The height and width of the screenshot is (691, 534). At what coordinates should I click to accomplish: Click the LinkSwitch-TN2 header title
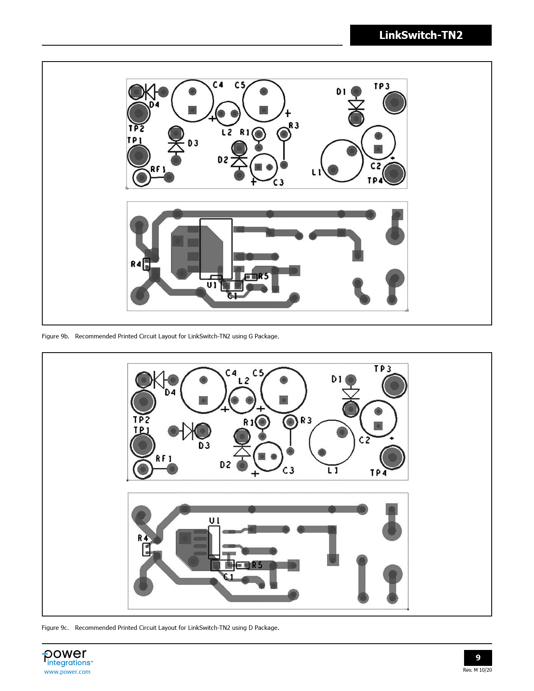point(420,35)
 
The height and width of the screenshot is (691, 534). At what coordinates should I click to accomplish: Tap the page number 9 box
point(478,657)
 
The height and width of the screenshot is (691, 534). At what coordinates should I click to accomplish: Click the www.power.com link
point(67,672)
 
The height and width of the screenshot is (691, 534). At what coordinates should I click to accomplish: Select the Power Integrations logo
point(67,657)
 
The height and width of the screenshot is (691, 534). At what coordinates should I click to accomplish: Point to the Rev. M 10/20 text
point(477,670)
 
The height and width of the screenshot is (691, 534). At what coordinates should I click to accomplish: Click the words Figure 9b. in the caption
point(55,336)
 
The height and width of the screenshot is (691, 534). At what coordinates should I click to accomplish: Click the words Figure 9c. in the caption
point(55,627)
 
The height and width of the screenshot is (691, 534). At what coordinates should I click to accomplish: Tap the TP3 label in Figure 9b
point(381,87)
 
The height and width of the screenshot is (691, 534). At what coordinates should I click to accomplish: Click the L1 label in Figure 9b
point(316,173)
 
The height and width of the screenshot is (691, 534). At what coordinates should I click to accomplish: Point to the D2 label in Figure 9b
point(223,160)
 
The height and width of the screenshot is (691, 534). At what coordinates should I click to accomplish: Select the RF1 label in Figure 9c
point(163,459)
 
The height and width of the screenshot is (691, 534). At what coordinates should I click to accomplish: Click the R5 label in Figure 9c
point(257,565)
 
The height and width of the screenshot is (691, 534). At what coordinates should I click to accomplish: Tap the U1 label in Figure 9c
point(214,521)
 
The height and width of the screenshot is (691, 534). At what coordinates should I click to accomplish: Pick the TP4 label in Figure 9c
point(378,473)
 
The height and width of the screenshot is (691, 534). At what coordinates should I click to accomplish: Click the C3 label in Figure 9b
point(278,183)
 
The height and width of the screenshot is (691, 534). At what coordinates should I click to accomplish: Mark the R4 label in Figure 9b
point(136,264)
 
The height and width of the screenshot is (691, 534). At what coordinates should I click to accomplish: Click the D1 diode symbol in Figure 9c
point(351,394)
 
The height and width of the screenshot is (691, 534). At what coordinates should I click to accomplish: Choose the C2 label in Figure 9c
point(364,440)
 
